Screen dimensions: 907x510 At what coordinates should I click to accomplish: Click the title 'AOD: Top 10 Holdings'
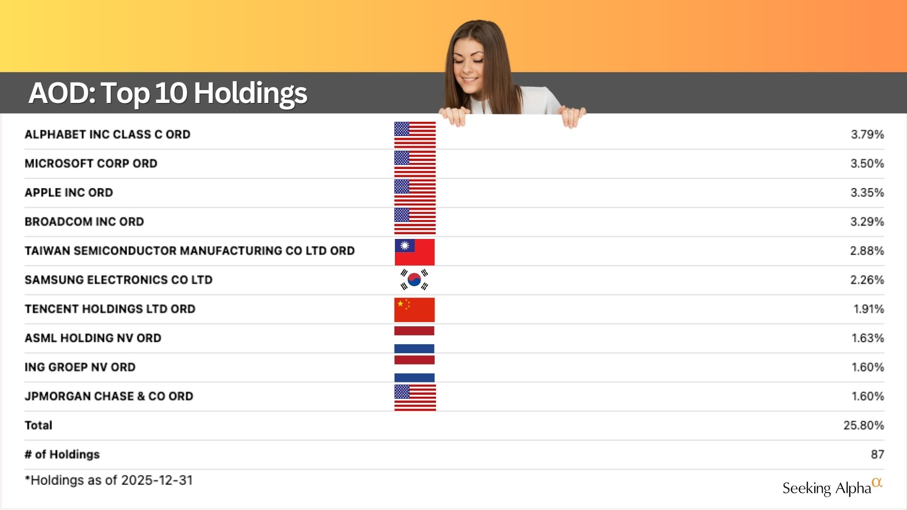[168, 93]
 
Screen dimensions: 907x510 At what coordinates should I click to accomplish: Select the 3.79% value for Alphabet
[867, 135]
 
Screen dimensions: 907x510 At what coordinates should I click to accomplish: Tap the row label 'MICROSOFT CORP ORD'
[91, 163]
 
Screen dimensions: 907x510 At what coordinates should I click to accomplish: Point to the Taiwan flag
[415, 252]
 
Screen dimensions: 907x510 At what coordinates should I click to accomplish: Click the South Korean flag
[414, 280]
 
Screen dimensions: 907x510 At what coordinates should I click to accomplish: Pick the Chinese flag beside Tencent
[414, 310]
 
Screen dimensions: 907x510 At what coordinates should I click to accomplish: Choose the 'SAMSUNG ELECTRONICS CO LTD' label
[119, 280]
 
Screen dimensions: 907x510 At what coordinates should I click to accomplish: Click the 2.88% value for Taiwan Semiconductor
[867, 251]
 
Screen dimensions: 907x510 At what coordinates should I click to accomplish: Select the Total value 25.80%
[864, 425]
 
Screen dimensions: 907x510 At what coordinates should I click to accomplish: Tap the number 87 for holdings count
[877, 454]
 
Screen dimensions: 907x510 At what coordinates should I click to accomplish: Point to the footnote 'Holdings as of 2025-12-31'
[109, 480]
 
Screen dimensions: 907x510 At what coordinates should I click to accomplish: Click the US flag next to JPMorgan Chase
[415, 398]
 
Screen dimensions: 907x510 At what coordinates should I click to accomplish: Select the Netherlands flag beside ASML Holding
[414, 340]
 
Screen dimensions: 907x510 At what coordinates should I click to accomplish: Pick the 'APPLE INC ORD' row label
[69, 193]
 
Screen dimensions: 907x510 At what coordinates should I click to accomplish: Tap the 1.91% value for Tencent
[869, 309]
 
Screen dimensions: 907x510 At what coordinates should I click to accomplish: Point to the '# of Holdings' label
[62, 454]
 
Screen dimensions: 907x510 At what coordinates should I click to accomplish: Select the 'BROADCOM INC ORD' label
[84, 221]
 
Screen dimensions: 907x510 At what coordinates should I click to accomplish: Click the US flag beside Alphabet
[415, 135]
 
